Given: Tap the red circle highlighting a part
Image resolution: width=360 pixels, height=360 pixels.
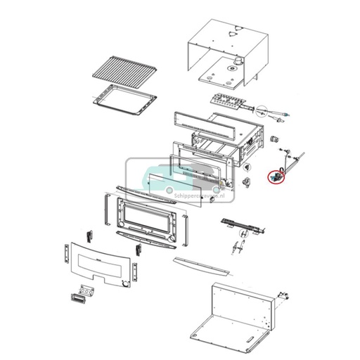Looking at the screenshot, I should (x=274, y=176).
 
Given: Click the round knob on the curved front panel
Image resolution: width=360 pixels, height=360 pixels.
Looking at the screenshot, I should (x=124, y=283).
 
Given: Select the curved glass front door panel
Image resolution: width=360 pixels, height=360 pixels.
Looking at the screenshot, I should (x=98, y=264).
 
